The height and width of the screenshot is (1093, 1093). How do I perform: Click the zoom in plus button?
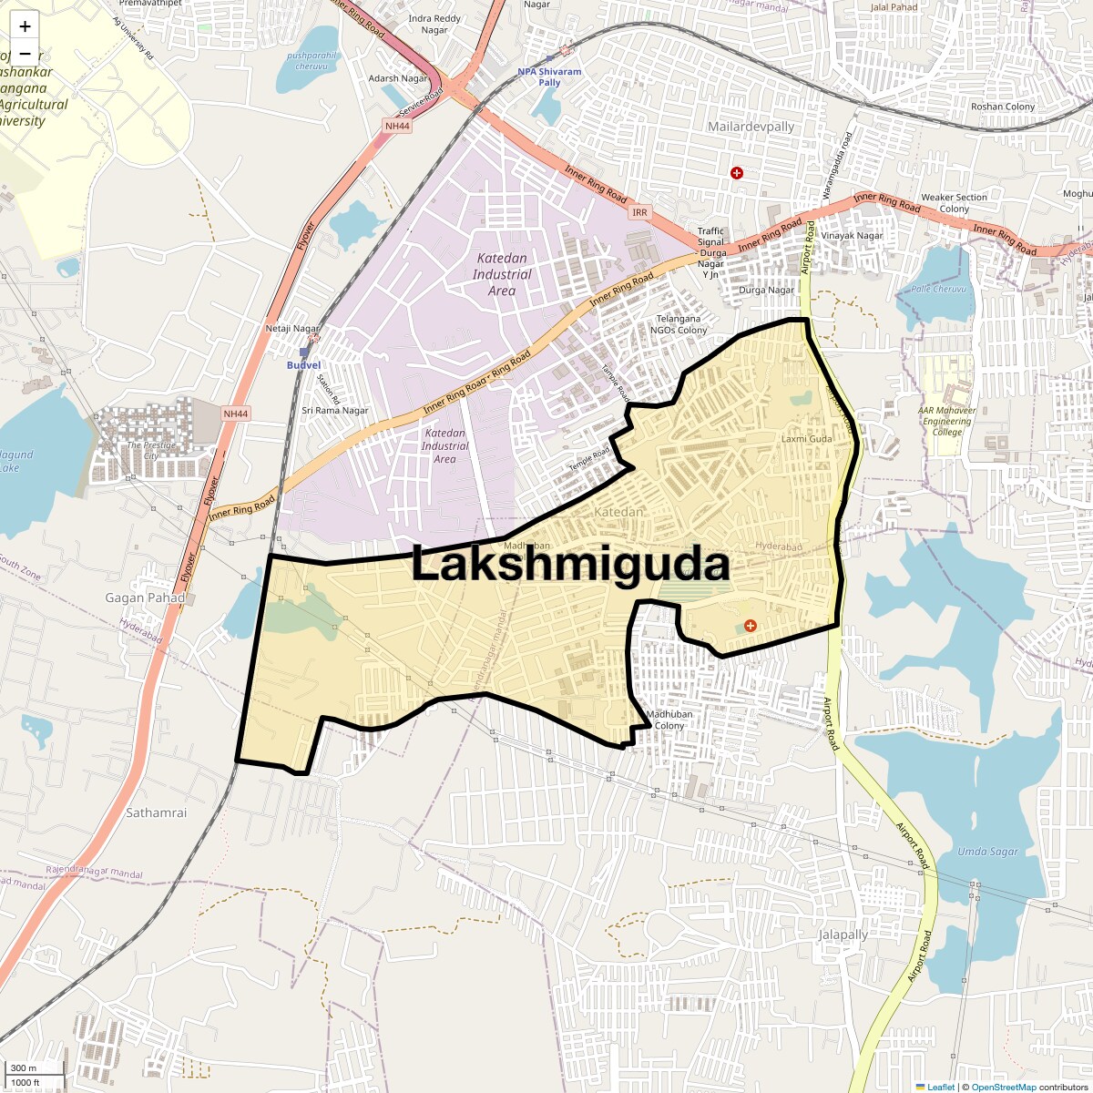pos(25,26)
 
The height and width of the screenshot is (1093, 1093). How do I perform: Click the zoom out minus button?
pos(25,53)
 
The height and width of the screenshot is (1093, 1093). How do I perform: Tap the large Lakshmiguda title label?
pos(570,565)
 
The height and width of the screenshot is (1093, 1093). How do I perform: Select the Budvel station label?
pos(303,365)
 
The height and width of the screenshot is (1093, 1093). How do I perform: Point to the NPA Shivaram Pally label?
pos(549,77)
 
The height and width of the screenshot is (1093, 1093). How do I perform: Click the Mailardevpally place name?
pos(751,127)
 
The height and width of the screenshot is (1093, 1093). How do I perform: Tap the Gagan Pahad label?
pos(145,598)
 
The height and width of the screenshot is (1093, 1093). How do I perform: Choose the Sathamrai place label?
pos(157,812)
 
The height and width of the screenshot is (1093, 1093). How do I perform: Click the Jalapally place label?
pos(843,935)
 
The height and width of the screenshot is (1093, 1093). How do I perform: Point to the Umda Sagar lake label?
pos(987,852)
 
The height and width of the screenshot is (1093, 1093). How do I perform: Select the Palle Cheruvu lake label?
pos(938,289)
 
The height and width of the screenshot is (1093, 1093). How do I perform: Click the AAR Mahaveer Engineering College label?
pos(946,421)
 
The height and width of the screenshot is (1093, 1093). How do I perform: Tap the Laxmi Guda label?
pos(807,439)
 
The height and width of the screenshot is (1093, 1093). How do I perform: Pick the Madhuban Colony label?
pos(669,720)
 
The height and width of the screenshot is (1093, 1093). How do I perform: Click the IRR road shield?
pos(639,212)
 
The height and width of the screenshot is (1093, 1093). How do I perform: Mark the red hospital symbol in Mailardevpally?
pos(737,172)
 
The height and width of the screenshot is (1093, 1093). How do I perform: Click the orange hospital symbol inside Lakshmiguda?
pos(750,625)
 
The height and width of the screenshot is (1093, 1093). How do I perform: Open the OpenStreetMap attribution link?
pos(1003,1087)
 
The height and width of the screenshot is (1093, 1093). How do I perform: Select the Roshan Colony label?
pos(1003,107)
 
